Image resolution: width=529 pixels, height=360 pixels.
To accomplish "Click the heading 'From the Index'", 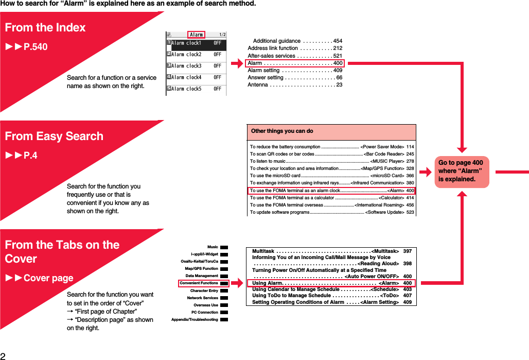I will [x=45, y=27].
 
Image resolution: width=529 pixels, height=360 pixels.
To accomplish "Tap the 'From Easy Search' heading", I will [x=54, y=136].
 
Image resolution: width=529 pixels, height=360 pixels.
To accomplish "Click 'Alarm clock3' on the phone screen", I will [x=186, y=66].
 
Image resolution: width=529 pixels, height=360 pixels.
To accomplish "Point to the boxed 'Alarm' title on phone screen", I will [x=196, y=35].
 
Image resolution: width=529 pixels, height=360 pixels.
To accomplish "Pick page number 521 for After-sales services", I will [x=338, y=56].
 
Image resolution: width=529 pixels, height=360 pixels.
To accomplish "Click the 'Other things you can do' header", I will [x=282, y=131].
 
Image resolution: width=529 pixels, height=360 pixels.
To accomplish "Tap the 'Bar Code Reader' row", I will [x=331, y=154].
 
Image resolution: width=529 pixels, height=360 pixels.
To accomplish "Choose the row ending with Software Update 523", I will [x=331, y=212].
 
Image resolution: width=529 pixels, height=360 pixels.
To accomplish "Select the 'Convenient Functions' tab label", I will [x=199, y=283].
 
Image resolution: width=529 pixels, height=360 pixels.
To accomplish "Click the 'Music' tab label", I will [x=213, y=247].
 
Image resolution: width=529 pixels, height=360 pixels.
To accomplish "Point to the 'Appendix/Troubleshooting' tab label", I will [x=195, y=320].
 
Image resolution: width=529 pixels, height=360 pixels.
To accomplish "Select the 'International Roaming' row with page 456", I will [x=331, y=205].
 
